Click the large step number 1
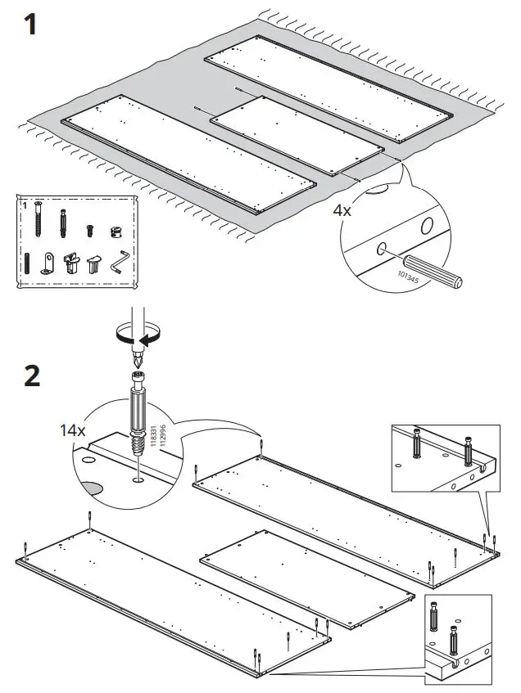point(28,25)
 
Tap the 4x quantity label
point(342,209)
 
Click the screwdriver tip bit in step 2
point(138,358)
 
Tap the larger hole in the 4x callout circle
point(427,226)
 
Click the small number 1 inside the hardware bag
point(25,205)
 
